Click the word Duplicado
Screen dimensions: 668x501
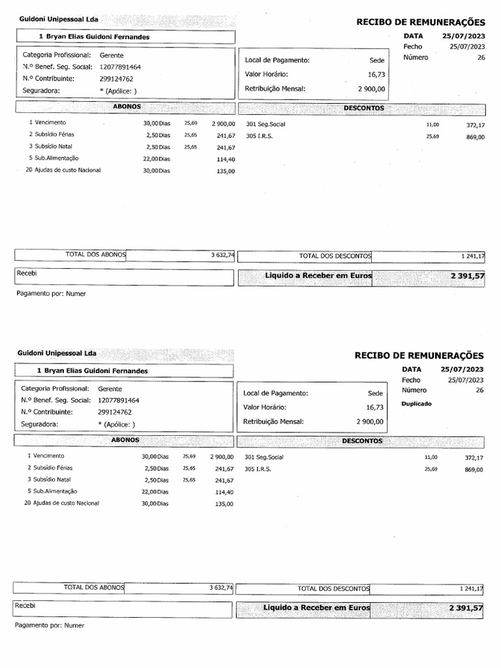click(x=416, y=404)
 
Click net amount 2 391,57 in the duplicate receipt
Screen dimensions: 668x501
click(x=466, y=608)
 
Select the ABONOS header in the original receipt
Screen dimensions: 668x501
click(x=127, y=106)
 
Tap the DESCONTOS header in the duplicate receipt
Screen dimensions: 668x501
click(x=362, y=441)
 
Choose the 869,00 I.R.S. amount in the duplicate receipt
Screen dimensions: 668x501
click(x=474, y=470)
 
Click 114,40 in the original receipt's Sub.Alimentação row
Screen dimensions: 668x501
click(x=226, y=159)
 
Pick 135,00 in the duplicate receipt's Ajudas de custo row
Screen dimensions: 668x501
click(x=224, y=504)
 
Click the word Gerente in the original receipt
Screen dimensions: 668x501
click(x=112, y=56)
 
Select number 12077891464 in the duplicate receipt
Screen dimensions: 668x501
click(x=119, y=401)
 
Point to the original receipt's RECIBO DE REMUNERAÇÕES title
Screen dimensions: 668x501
click(x=420, y=22)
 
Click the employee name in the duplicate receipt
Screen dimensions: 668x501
click(x=93, y=371)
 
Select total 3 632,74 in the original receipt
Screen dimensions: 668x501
click(x=222, y=255)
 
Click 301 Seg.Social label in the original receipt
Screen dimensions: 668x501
click(x=266, y=124)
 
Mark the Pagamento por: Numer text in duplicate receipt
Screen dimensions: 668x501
click(x=50, y=625)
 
